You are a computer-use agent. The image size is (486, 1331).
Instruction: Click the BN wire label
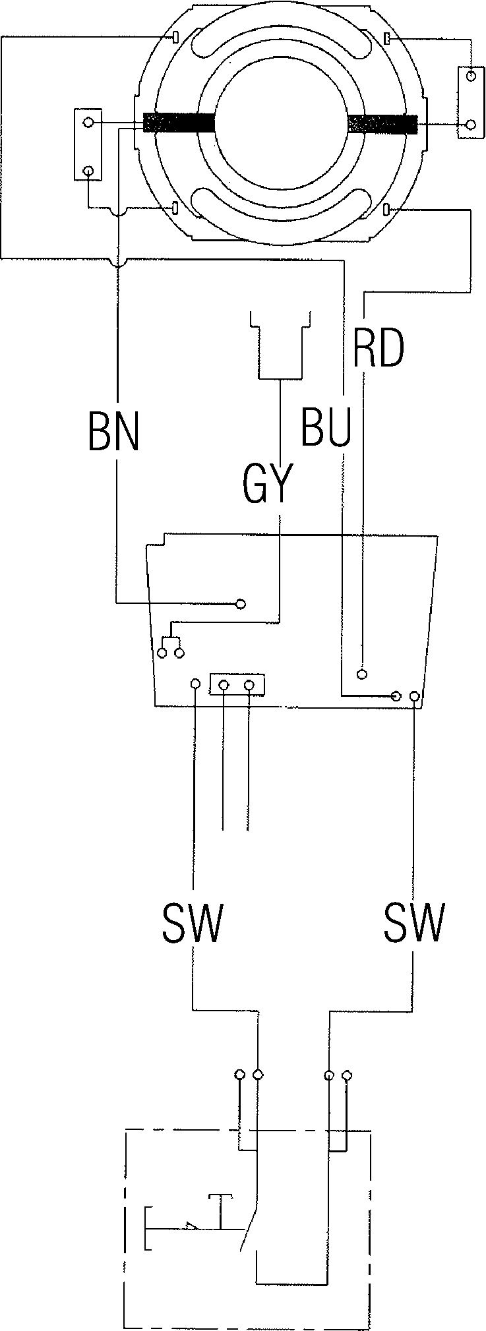pyautogui.click(x=114, y=431)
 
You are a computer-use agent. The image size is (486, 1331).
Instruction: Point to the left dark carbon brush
pyautogui.click(x=179, y=123)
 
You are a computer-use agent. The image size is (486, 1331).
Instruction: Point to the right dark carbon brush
pyautogui.click(x=382, y=123)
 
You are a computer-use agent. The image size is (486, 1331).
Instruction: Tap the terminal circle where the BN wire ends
pyautogui.click(x=241, y=603)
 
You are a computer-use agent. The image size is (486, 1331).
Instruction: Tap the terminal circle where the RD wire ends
pyautogui.click(x=361, y=673)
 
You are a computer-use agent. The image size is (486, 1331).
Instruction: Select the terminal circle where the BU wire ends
pyautogui.click(x=396, y=695)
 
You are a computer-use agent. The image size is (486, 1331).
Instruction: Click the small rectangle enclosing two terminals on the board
pyautogui.click(x=237, y=684)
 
